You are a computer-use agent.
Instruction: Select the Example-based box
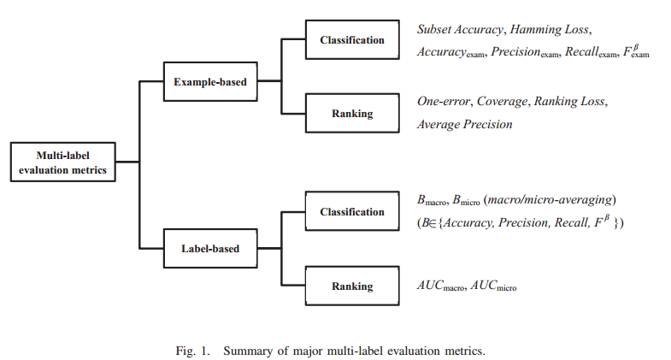(x=210, y=82)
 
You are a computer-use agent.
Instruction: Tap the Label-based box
(x=210, y=249)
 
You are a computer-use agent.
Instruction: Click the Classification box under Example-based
(x=352, y=40)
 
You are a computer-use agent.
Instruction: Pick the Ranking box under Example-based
(x=352, y=113)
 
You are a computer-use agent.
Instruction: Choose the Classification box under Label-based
(x=352, y=211)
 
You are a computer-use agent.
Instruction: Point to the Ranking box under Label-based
(x=352, y=286)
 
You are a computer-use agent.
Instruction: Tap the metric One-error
(x=444, y=102)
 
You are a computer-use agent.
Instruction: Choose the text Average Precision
(x=464, y=124)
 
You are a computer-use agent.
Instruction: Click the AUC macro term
(x=441, y=286)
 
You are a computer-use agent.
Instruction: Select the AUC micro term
(x=495, y=286)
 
